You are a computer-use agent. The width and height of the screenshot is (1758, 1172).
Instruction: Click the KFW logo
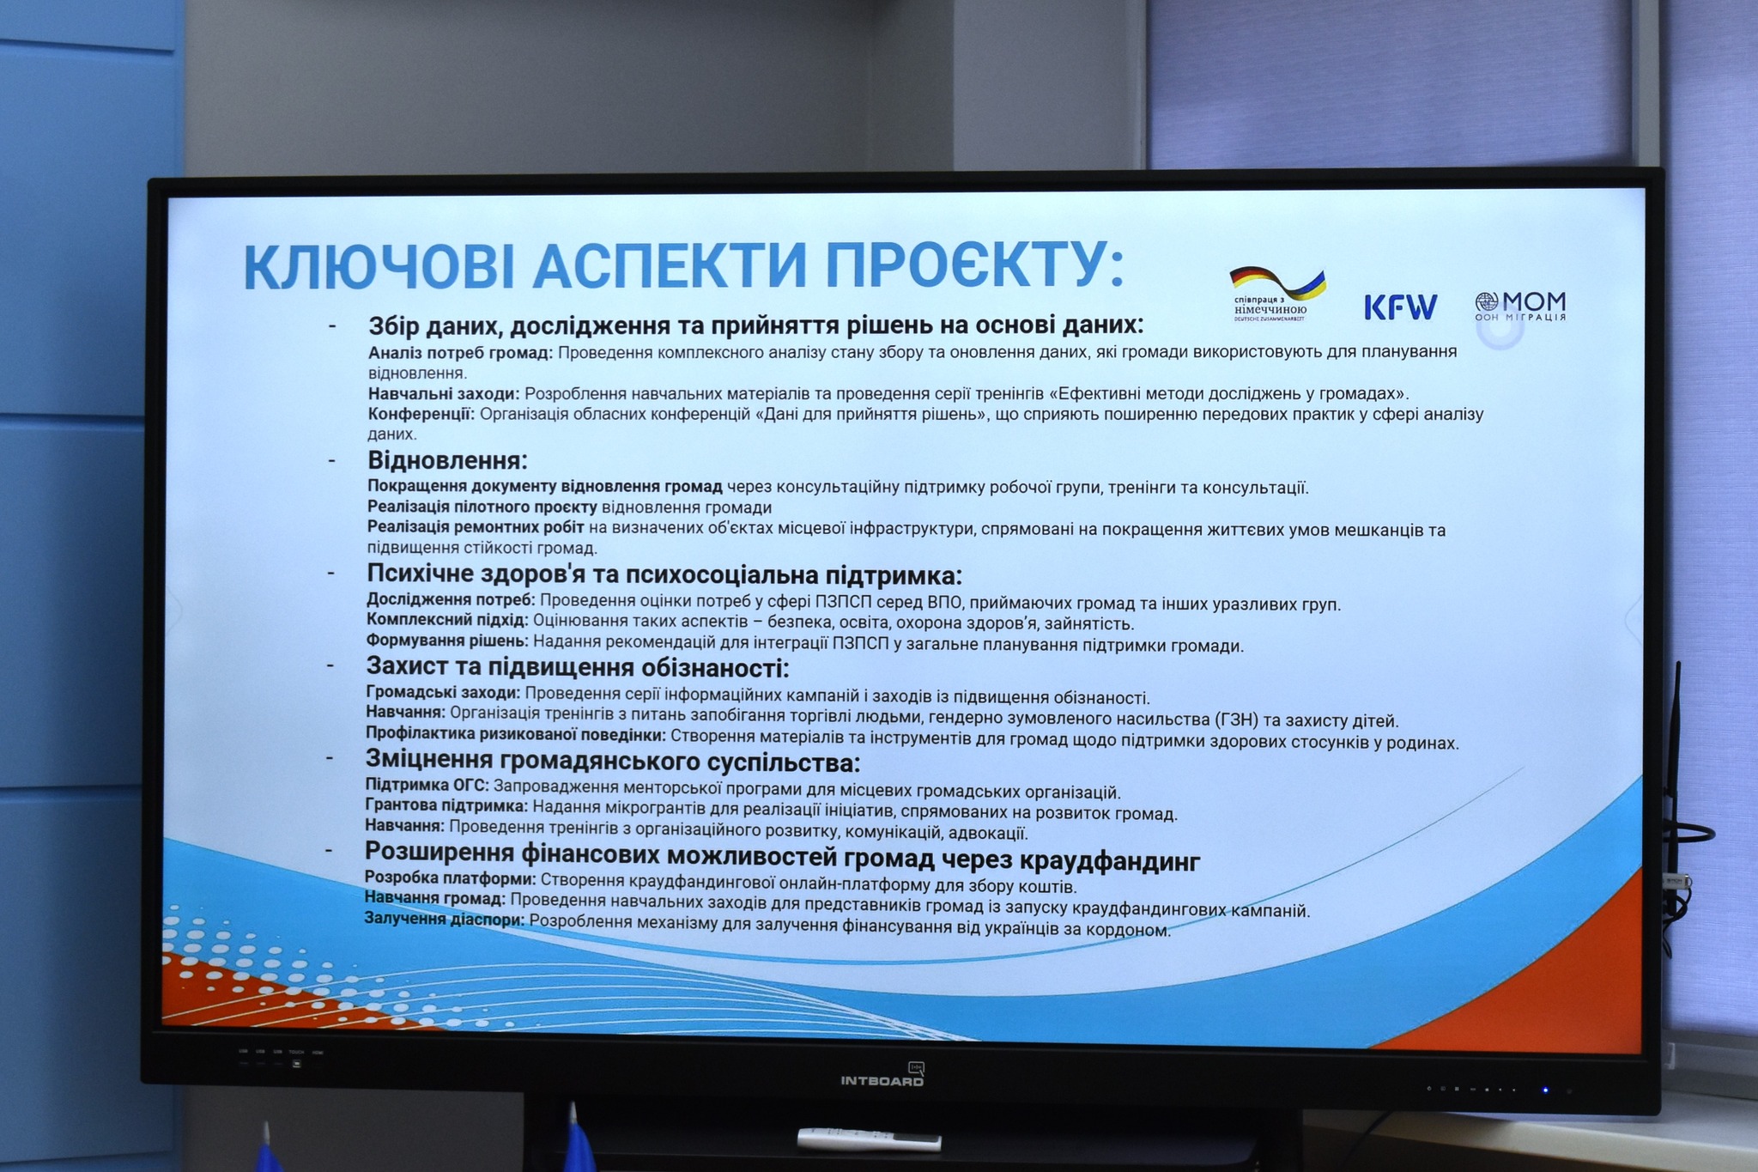click(1401, 307)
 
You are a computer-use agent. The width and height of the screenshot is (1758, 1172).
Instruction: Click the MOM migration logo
click(1520, 306)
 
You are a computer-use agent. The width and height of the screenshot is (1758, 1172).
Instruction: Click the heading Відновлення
click(447, 460)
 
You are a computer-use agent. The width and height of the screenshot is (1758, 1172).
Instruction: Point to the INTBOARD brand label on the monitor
click(882, 1080)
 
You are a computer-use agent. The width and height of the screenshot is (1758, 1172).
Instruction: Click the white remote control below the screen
click(869, 1139)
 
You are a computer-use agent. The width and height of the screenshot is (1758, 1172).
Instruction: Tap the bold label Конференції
click(421, 414)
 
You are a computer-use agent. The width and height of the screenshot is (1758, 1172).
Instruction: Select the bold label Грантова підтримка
click(446, 805)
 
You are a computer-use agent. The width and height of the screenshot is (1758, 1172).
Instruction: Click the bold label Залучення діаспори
click(445, 919)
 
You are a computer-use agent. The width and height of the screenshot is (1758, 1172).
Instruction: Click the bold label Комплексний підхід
click(447, 620)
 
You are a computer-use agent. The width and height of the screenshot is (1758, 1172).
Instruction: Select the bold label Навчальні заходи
click(444, 393)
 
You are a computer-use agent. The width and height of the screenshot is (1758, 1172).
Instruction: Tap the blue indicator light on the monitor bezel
click(1545, 1090)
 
